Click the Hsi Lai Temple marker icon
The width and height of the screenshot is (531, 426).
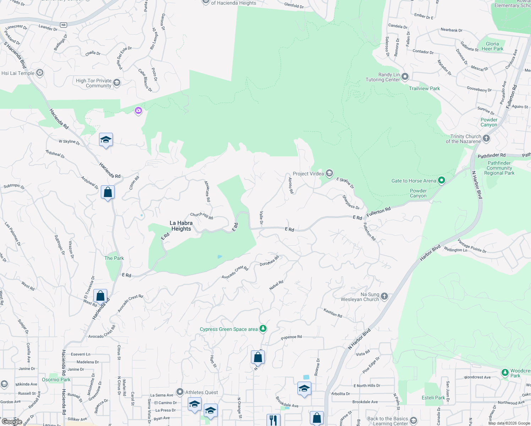(40, 73)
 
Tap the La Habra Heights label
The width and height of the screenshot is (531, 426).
(181, 226)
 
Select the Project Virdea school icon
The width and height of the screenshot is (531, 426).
(329, 173)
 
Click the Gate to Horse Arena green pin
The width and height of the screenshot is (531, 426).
(442, 180)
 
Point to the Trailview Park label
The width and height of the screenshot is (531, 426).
(424, 88)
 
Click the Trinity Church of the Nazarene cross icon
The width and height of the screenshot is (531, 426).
(486, 138)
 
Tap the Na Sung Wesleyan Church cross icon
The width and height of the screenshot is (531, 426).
(384, 296)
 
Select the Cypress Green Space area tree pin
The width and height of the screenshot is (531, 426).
(263, 329)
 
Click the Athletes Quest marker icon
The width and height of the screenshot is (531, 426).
(180, 392)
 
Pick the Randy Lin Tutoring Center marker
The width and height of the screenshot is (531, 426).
(405, 77)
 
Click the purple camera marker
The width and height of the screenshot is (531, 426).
(138, 111)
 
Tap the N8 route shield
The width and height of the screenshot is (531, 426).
(63, 25)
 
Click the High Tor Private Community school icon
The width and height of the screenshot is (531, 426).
(117, 83)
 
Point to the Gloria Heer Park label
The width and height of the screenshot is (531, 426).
(492, 46)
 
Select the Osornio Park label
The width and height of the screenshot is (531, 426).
(56, 379)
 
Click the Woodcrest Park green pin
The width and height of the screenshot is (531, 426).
(505, 373)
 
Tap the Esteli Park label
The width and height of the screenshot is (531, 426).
(433, 398)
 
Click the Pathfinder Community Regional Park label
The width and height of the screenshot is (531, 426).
(499, 168)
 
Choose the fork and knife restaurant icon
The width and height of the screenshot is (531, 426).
(273, 420)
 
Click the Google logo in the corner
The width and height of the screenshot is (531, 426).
(12, 422)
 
